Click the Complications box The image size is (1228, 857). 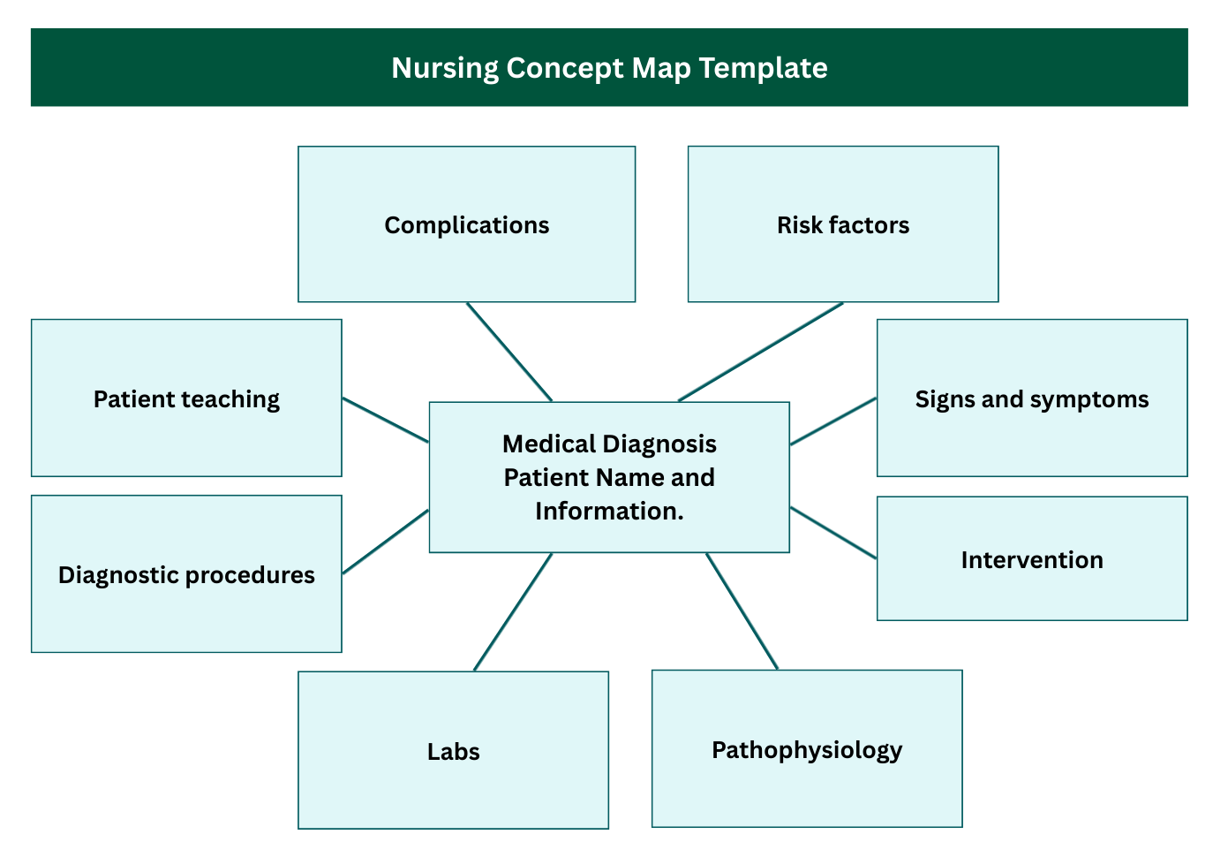pos(466,225)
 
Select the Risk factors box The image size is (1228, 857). pos(842,225)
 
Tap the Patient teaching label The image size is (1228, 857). pos(186,399)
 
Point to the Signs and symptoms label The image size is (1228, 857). pos(1031,399)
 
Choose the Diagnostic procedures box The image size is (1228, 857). pos(186,574)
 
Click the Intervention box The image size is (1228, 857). pos(1031,559)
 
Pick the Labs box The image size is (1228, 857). pos(453,751)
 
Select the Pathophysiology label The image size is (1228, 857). pos(806,750)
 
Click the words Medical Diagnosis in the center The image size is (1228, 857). pos(609,444)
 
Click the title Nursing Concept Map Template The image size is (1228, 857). pos(609,68)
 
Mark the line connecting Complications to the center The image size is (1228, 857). pos(509,353)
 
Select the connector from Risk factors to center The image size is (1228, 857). pos(761,353)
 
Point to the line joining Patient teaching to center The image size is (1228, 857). pos(385,420)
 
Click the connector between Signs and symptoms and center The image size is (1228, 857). pos(833,421)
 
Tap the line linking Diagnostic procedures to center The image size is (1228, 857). pos(385,542)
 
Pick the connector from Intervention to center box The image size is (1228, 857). pos(833,533)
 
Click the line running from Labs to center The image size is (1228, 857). pos(513,611)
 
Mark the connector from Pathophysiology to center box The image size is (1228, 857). pos(742,611)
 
